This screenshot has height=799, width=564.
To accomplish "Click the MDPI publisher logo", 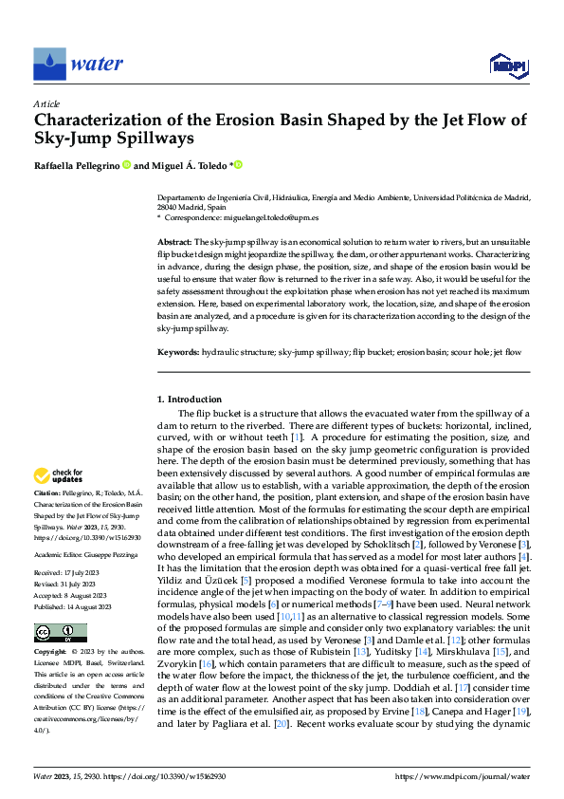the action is coord(509,65).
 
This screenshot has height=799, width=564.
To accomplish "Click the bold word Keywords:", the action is coord(177,352).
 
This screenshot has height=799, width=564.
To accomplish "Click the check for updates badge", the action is coord(59,475).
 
